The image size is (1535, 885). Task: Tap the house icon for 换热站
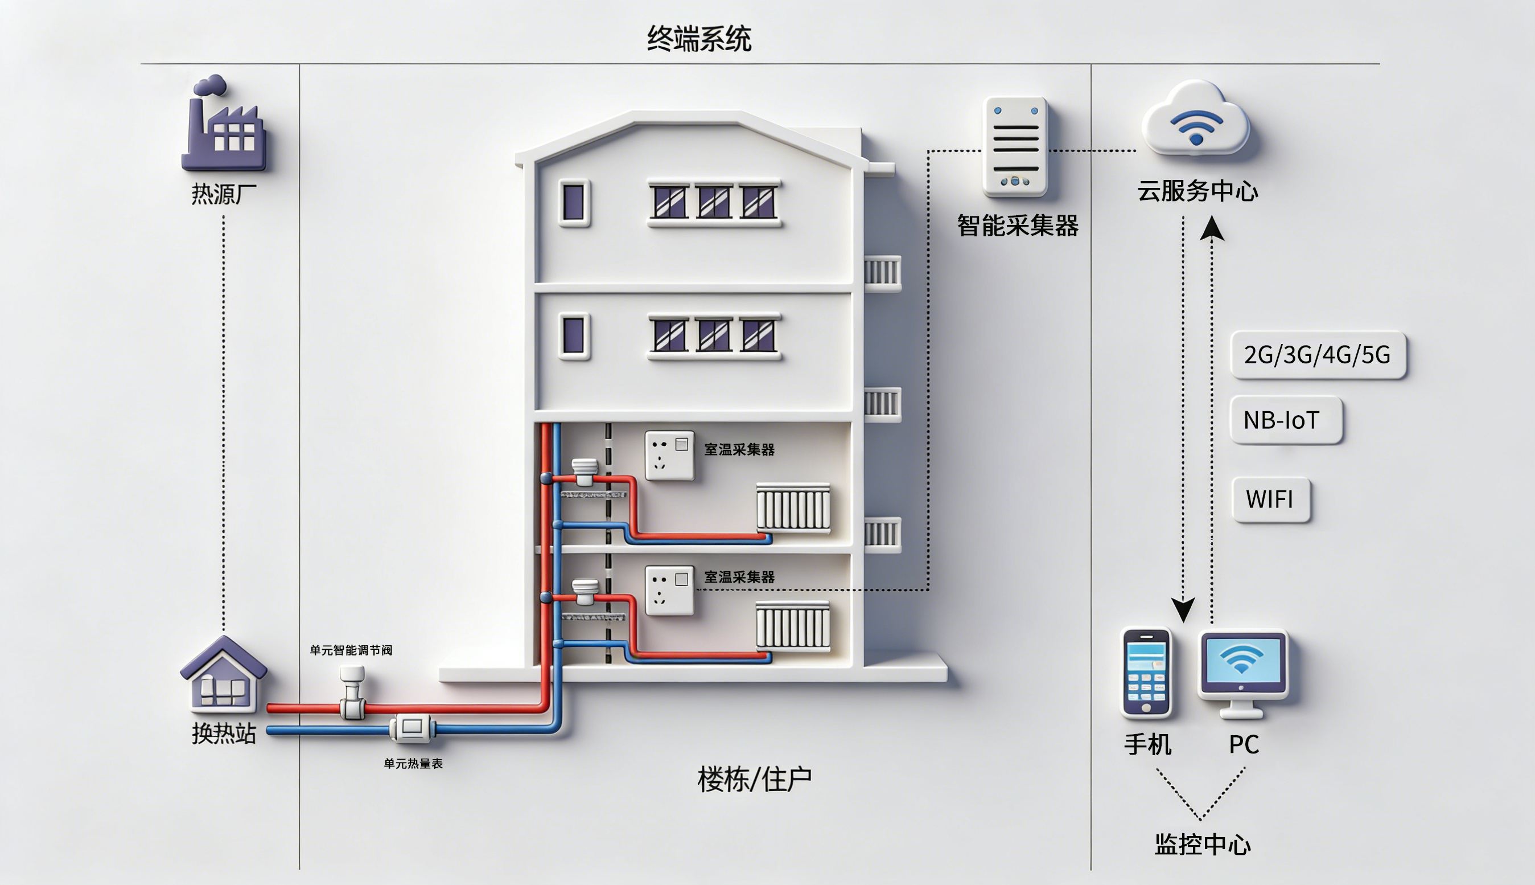223,675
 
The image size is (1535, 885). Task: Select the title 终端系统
698,39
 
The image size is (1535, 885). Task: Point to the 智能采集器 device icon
1015,146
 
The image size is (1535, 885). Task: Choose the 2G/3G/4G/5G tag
1318,355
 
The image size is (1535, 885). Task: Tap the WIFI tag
1270,499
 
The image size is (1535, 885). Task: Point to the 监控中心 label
1202,844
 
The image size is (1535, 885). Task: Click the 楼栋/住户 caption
754,780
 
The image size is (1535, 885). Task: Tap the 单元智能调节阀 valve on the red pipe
352,693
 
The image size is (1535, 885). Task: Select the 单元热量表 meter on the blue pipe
412,728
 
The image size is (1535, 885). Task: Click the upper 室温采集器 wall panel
669,455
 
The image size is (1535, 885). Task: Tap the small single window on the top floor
574,202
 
